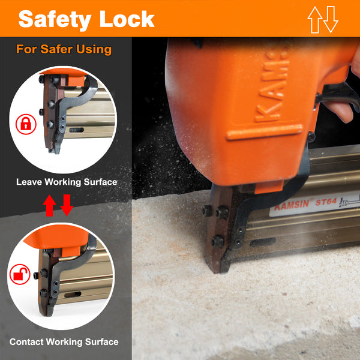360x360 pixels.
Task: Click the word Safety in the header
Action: [x=55, y=20]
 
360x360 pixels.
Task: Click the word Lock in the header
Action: [x=127, y=19]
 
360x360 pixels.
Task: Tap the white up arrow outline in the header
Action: [x=315, y=20]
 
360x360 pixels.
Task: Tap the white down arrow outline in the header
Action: [x=331, y=20]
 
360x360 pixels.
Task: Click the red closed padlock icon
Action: [x=26, y=124]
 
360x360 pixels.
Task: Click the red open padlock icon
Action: [x=20, y=274]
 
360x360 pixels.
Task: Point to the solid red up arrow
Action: [x=49, y=205]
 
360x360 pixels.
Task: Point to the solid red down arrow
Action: [x=67, y=205]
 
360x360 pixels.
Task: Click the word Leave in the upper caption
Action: [x=29, y=182]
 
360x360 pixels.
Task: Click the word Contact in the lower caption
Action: [x=26, y=342]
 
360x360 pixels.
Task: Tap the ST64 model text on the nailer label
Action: [x=326, y=202]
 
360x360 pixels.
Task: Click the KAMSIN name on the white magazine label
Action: [x=292, y=205]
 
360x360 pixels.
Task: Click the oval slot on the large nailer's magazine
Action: [x=263, y=242]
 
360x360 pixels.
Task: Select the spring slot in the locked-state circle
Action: [x=76, y=130]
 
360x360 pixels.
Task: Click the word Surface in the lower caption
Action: [x=102, y=342]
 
